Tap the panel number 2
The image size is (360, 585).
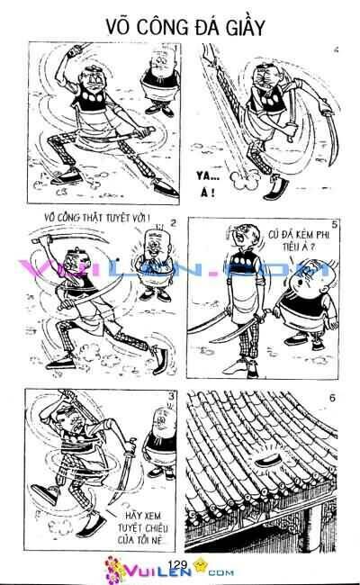(172, 222)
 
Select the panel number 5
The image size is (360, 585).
(334, 223)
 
